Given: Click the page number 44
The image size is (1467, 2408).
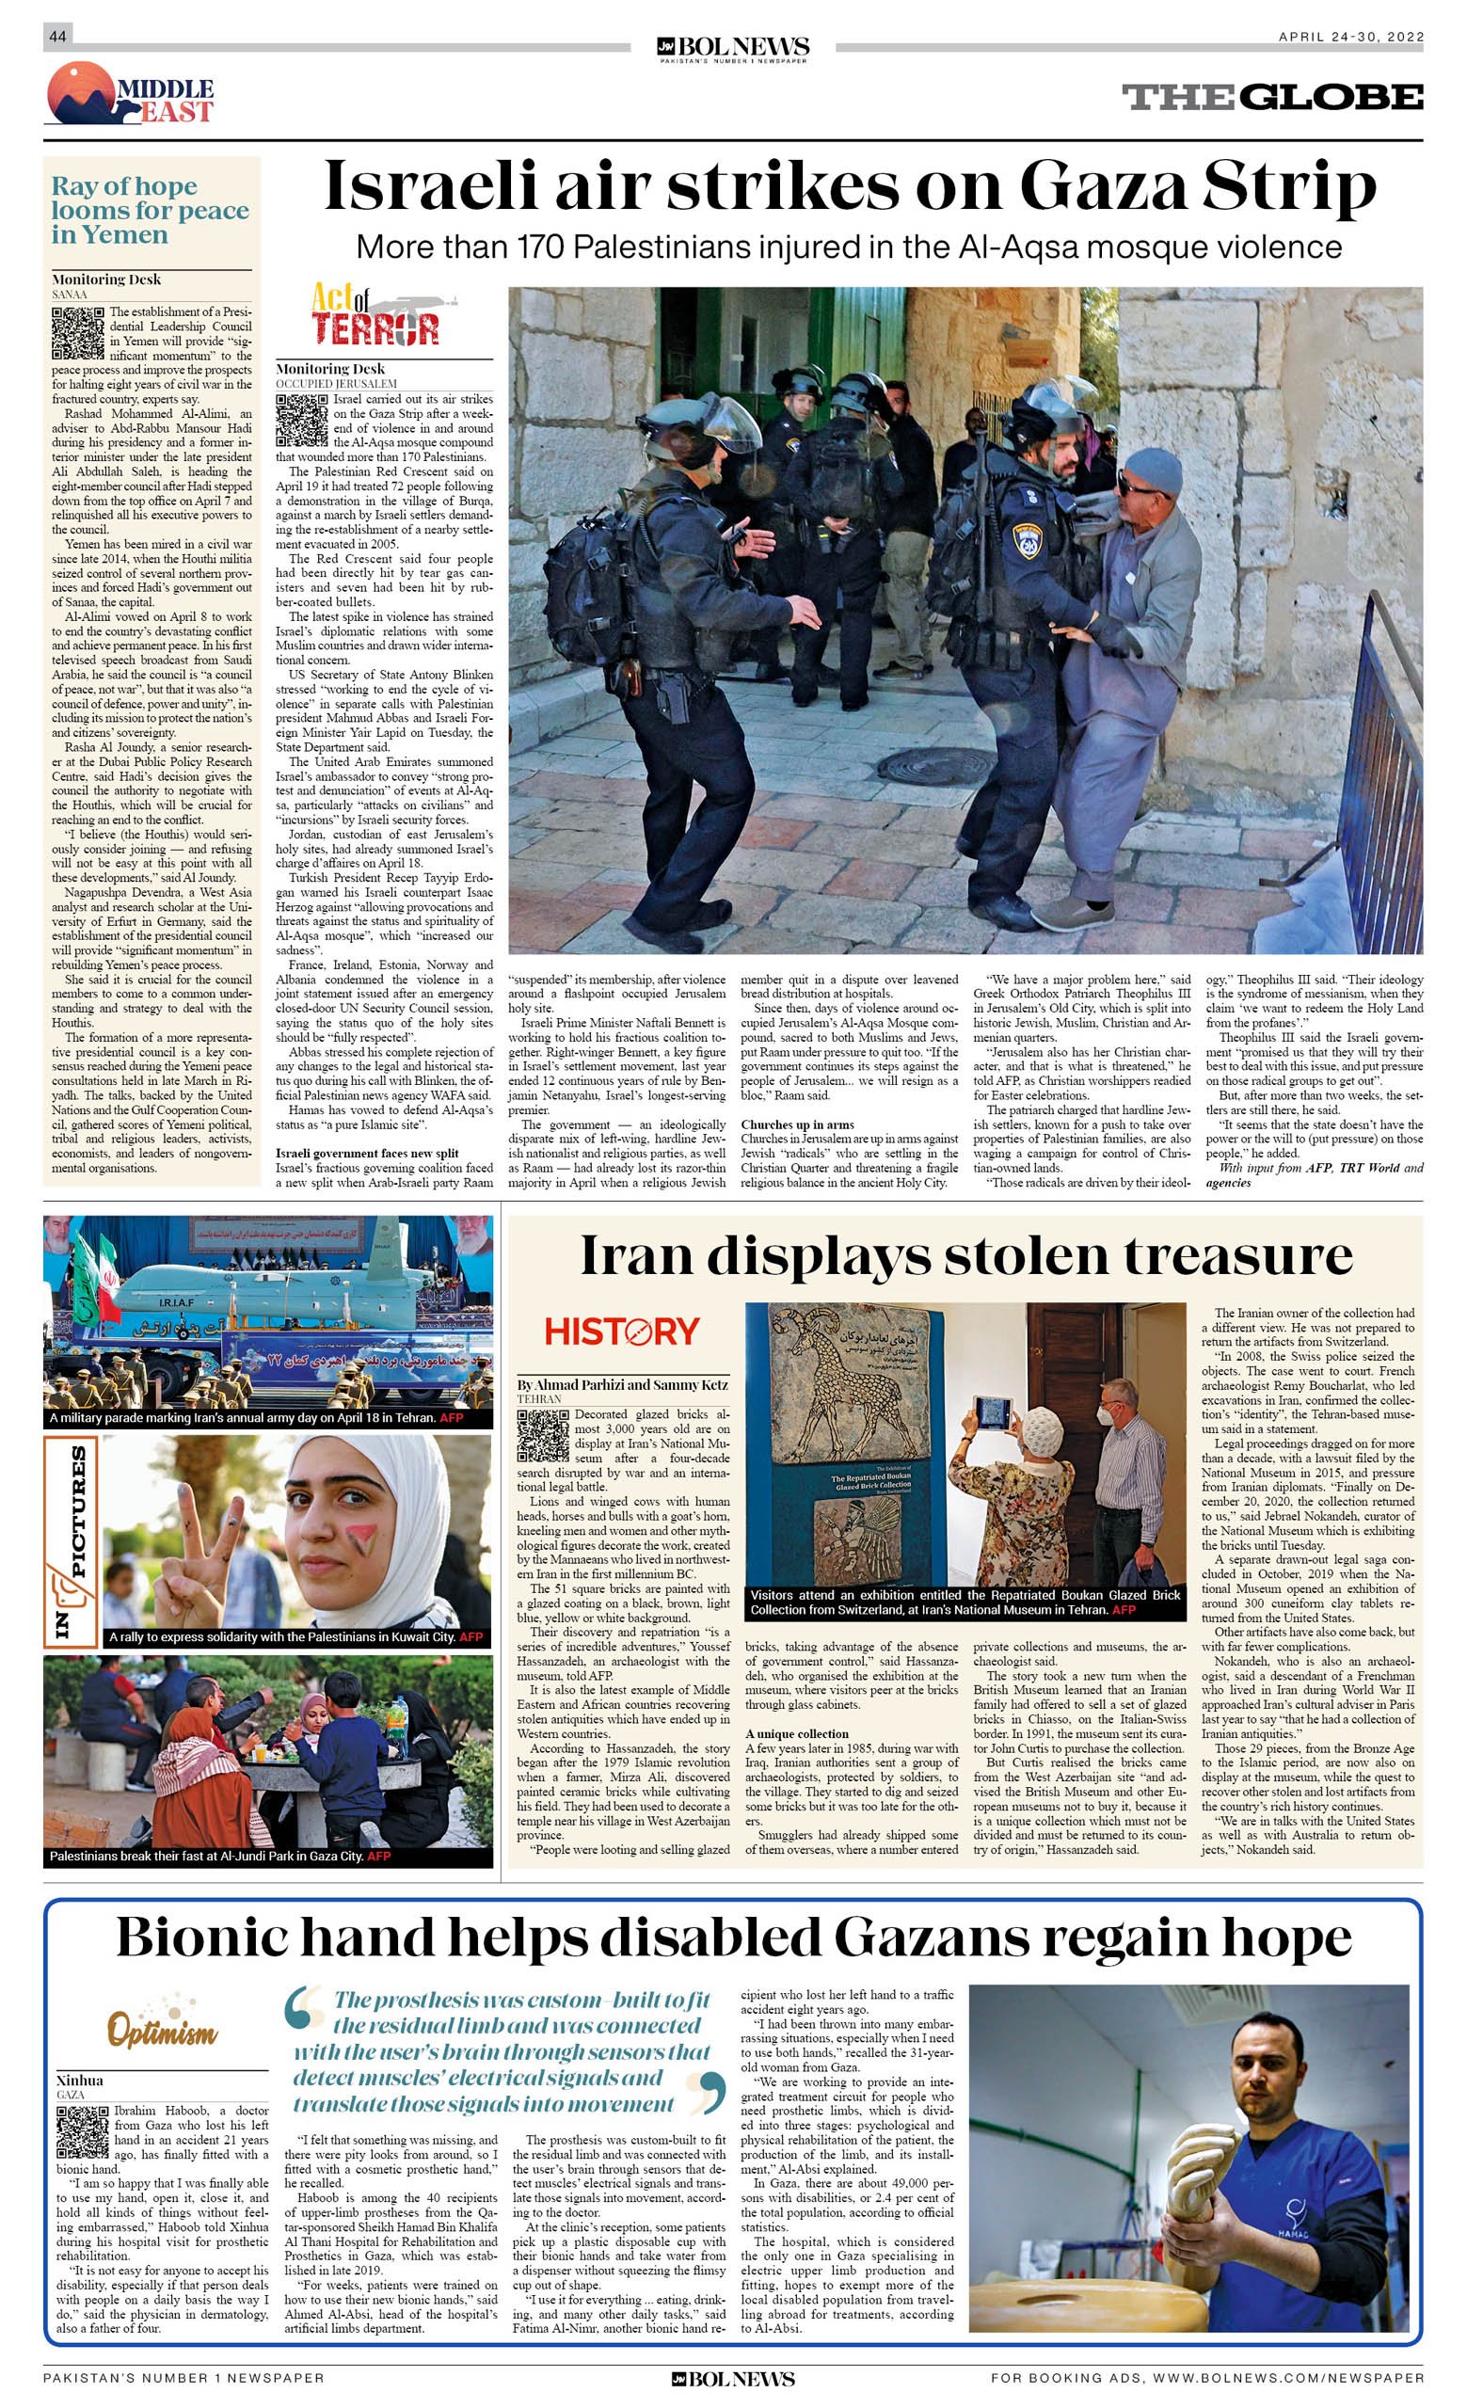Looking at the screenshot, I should pos(56,36).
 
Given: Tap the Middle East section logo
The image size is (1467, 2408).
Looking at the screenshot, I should pos(130,94).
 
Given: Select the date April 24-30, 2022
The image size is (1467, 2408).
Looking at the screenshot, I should pos(1349,37).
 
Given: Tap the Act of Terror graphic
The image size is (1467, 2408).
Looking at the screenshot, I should pos(375,314).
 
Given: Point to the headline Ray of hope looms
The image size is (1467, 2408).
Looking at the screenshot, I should pos(150,210).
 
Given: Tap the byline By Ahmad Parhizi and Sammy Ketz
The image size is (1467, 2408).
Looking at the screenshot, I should pos(623,1385).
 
